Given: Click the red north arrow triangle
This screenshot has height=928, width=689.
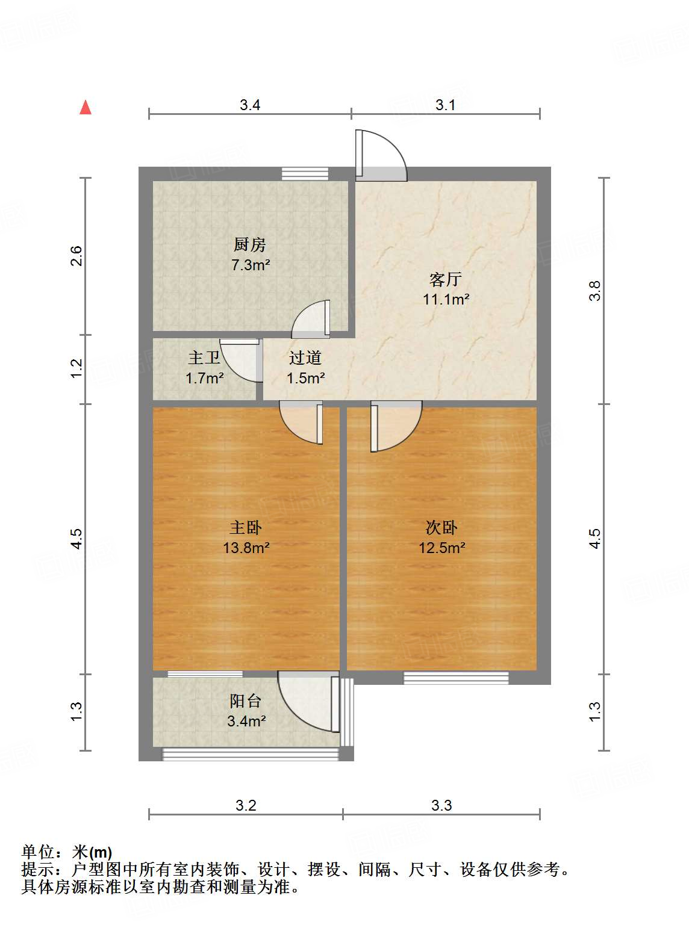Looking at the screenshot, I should [86, 108].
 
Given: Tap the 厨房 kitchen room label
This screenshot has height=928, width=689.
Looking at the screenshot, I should [249, 245].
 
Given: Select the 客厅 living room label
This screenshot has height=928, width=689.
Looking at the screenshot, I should [445, 279].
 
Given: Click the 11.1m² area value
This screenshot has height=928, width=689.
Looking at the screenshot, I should [445, 299].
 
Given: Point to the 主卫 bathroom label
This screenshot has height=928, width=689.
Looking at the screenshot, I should [204, 358].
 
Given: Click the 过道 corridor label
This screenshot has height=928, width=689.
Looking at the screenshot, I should [305, 358].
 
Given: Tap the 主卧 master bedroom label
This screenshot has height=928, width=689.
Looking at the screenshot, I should [245, 528].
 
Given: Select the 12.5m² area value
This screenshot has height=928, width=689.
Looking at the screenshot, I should [442, 548].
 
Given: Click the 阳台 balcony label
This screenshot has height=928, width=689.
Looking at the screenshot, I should [245, 701].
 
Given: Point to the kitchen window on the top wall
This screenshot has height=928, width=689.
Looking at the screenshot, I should [305, 173].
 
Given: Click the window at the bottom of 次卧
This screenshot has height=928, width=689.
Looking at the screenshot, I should [456, 678].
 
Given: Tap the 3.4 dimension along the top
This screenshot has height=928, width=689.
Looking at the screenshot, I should [250, 105].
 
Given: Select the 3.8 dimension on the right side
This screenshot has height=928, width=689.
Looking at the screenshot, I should [595, 291].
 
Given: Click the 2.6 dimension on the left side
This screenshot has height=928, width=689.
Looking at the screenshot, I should [76, 256].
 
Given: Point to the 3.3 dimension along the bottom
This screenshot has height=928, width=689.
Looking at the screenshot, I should [441, 805].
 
